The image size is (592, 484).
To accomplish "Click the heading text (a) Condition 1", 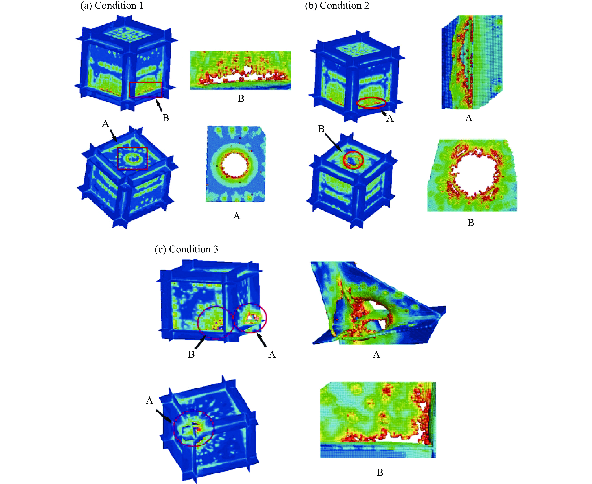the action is click(112, 6).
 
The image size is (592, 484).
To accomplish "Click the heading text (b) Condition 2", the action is click(337, 6).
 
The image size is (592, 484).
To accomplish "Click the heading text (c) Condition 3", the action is click(186, 249).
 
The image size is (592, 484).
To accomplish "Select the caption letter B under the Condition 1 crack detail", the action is click(241, 98).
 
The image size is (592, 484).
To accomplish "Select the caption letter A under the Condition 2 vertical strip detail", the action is click(469, 118).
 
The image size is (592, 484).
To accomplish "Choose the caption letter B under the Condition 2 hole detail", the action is click(471, 223).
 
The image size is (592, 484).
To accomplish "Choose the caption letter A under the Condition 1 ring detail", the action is click(236, 216).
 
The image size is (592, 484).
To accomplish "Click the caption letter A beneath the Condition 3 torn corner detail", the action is click(376, 354).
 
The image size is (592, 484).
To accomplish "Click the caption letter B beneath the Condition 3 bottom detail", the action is click(380, 472).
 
